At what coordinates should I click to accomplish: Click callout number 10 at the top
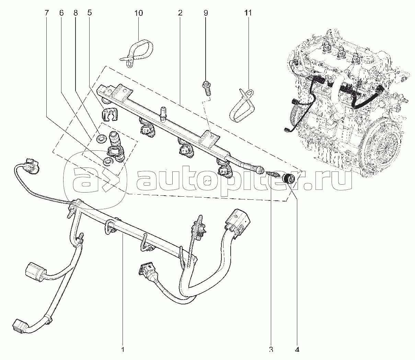pyautogui.click(x=139, y=13)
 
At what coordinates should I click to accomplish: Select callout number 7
pyautogui.click(x=46, y=13)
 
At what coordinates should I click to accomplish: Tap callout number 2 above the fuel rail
pyautogui.click(x=180, y=13)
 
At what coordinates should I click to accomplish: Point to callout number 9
pyautogui.click(x=206, y=13)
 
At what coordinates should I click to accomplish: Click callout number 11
pyautogui.click(x=248, y=13)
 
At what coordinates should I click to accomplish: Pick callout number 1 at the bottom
pyautogui.click(x=123, y=350)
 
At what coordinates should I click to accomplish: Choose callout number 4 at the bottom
pyautogui.click(x=297, y=350)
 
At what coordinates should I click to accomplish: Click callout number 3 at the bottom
pyautogui.click(x=271, y=350)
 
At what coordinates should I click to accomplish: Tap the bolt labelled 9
pyautogui.click(x=207, y=88)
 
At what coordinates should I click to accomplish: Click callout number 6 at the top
pyautogui.click(x=61, y=13)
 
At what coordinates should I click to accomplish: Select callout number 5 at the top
pyautogui.click(x=89, y=13)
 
